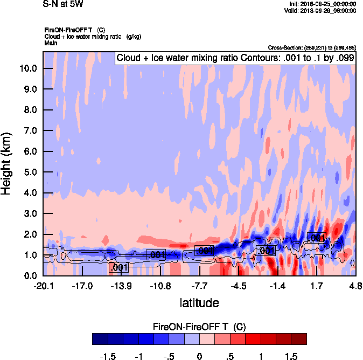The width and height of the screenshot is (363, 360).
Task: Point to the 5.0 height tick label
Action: pyautogui.click(x=30, y=172)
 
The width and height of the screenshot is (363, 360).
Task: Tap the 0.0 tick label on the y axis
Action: pyautogui.click(x=30, y=276)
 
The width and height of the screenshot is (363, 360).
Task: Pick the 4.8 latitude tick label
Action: pyautogui.click(x=355, y=286)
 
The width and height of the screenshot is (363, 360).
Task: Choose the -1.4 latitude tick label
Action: pyautogui.click(x=277, y=286)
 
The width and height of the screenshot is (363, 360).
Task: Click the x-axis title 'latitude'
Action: pyautogui.click(x=199, y=303)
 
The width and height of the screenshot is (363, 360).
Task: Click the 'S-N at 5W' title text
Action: pyautogui.click(x=63, y=4)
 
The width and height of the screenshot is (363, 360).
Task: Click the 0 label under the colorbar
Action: pyautogui.click(x=199, y=356)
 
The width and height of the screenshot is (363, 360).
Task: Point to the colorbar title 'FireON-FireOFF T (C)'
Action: pyautogui.click(x=199, y=327)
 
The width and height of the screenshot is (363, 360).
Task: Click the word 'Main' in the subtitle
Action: pyautogui.click(x=51, y=42)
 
